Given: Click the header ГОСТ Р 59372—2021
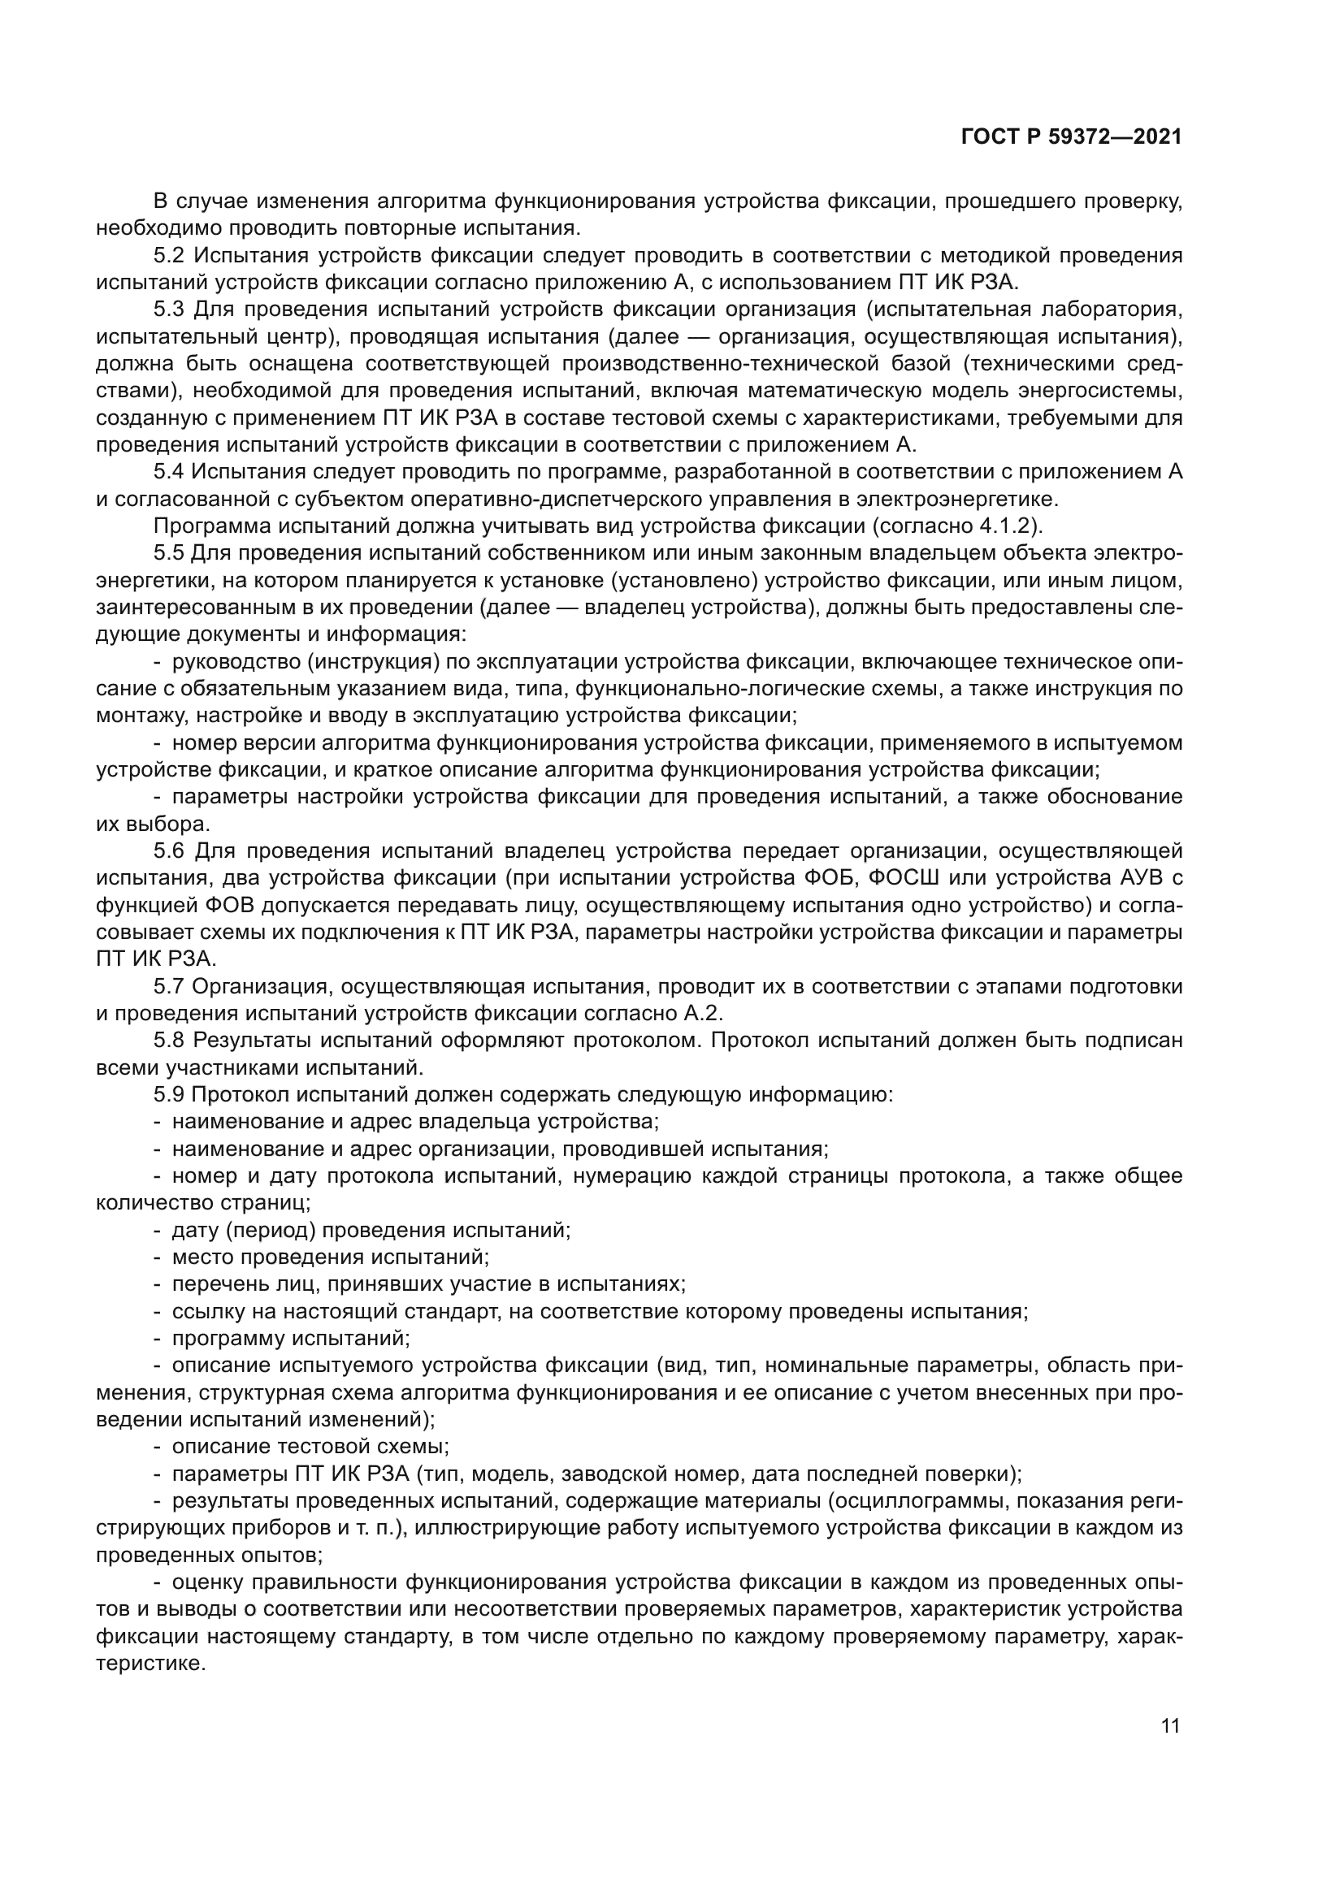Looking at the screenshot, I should pos(1072,137).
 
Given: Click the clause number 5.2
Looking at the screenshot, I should pos(169,255).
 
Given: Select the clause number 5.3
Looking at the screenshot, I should pos(169,309).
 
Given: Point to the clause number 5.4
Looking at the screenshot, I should pos(169,472).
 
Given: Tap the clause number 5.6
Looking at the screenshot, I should pos(169,850).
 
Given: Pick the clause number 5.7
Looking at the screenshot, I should pos(169,986).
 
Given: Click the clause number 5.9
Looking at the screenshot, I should pos(169,1095).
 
